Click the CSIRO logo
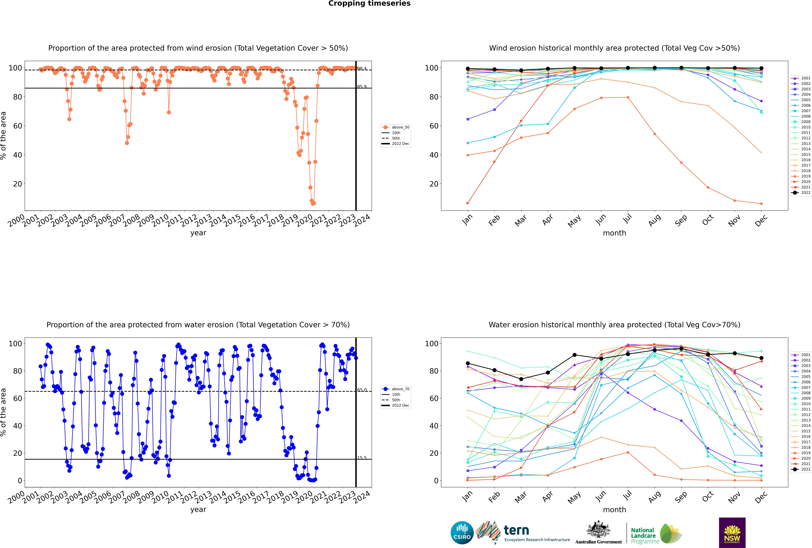[x=462, y=533]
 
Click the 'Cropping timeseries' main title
[x=369, y=3]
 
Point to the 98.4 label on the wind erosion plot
[x=362, y=69]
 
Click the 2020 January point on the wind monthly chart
[x=468, y=203]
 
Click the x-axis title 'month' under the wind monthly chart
[x=614, y=233]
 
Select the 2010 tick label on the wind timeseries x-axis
[x=160, y=221]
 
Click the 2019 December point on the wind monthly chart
[x=761, y=204]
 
